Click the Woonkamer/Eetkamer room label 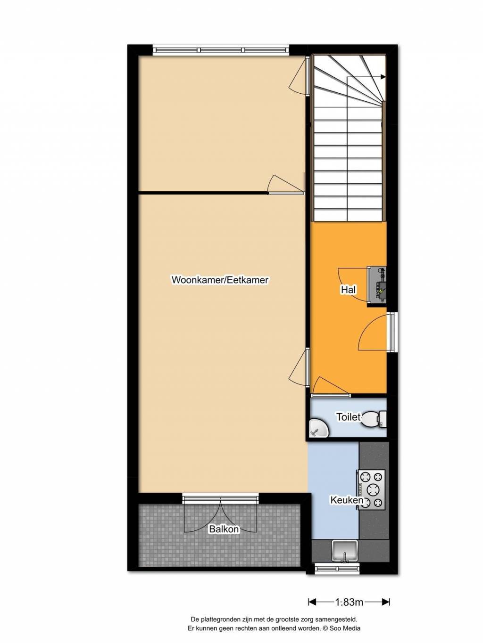220,280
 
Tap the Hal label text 349,290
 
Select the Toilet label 349,417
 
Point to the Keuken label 347,500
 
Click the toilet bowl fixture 374,420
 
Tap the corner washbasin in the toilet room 319,428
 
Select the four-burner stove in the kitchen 371,489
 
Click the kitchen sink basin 344,550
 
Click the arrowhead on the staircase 383,77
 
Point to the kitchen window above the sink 337,569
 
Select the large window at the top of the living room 221,50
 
